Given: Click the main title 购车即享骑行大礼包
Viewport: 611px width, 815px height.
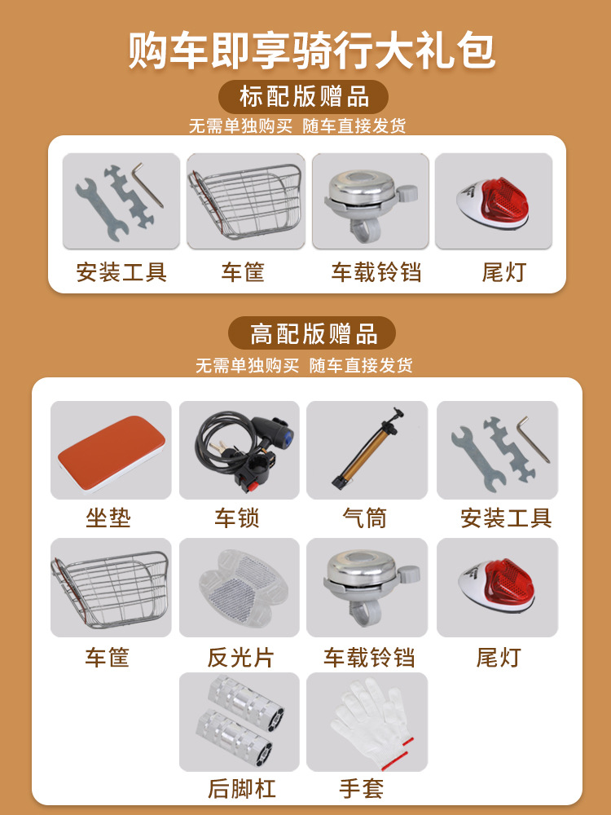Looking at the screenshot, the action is tap(312, 51).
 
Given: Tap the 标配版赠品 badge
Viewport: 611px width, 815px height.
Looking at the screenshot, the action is tap(303, 97).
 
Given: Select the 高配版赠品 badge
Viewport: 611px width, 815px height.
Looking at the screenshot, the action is tap(312, 333).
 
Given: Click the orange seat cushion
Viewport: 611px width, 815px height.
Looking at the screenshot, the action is tap(111, 446).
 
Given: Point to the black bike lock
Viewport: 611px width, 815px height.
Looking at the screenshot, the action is tap(243, 448).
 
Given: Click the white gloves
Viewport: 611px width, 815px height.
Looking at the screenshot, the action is tap(371, 724).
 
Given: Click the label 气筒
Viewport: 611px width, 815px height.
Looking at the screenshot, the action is tap(364, 518).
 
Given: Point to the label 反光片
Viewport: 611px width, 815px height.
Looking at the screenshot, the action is tap(240, 658).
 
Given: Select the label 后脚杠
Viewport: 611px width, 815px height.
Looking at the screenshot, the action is tap(241, 788).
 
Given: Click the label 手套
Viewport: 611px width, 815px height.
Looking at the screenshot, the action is tap(362, 788).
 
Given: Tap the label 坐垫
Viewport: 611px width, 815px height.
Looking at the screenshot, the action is tap(108, 518).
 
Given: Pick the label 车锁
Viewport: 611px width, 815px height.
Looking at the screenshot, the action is tap(236, 518).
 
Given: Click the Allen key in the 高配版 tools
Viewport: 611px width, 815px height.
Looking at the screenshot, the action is tap(534, 438).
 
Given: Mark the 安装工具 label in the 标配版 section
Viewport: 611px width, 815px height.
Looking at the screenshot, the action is tap(121, 272).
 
